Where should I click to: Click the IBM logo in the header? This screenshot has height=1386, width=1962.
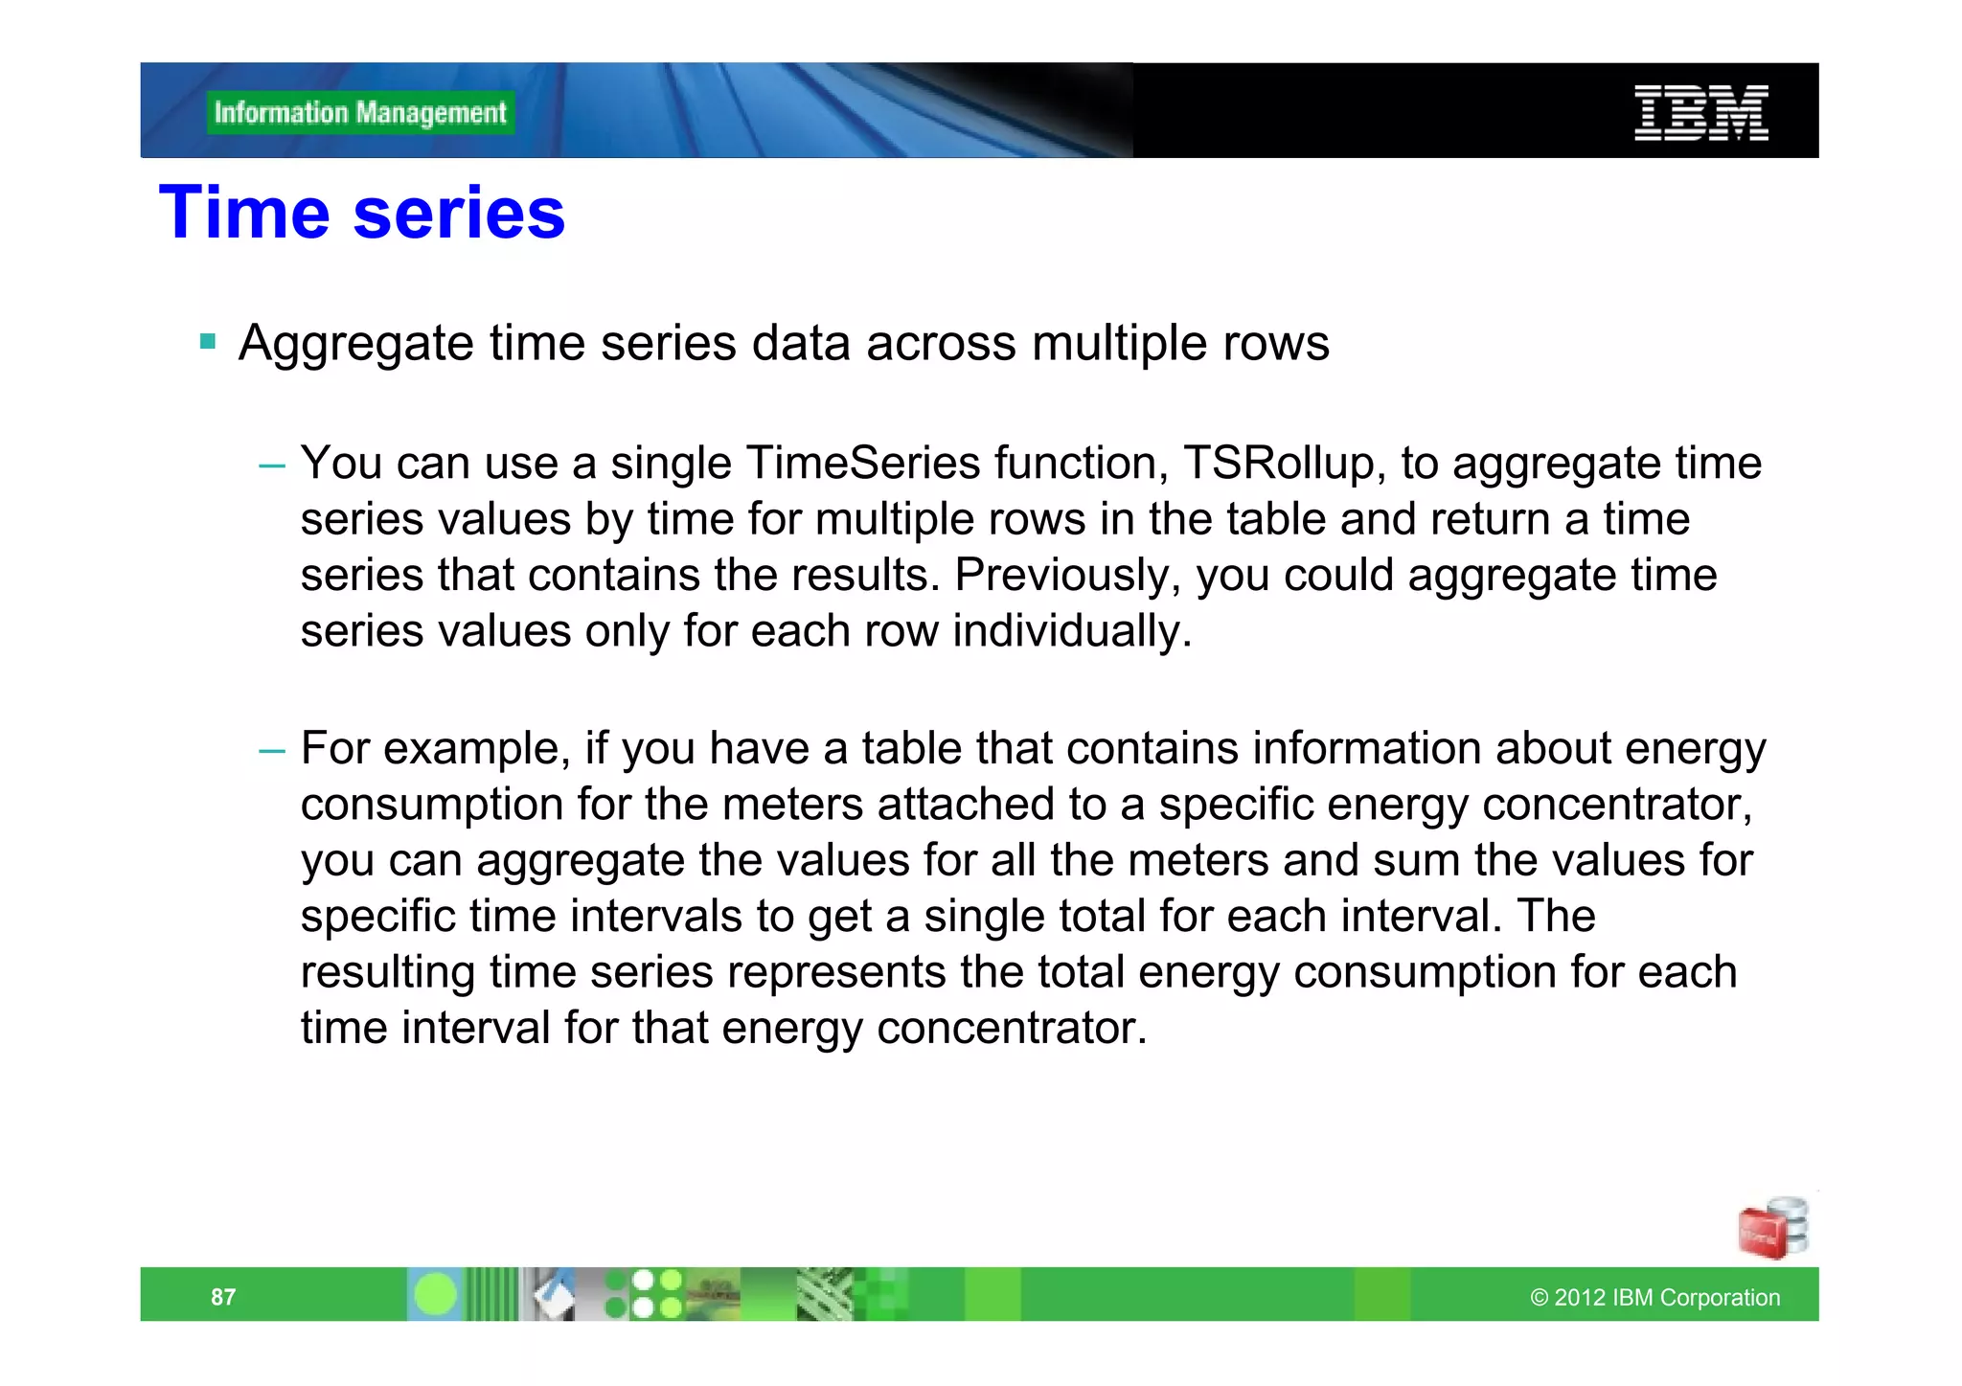(x=1700, y=113)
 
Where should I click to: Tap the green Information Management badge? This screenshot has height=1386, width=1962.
(x=360, y=113)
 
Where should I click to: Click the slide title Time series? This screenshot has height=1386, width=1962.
(x=362, y=213)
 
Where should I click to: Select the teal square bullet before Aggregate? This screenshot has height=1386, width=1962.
(x=208, y=341)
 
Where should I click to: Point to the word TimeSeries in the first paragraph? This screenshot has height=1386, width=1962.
(x=862, y=464)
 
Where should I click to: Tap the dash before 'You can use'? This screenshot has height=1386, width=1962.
(x=272, y=466)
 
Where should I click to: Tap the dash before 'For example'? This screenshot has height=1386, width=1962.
(x=272, y=750)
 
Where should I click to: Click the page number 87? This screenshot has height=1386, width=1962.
(x=223, y=1297)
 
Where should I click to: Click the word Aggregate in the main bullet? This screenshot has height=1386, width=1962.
(x=355, y=343)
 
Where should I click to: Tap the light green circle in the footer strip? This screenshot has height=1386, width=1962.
(x=436, y=1295)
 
